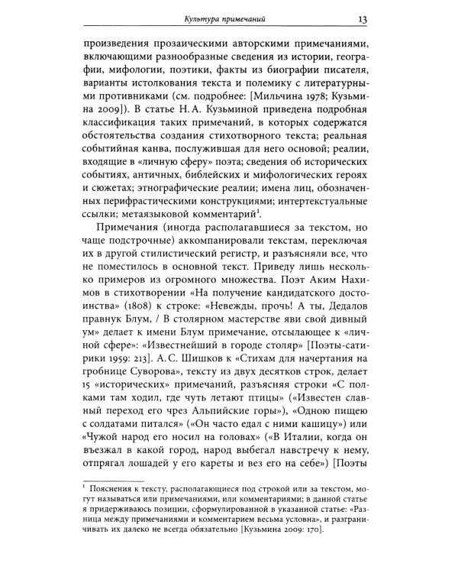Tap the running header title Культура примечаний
pyautogui.click(x=218, y=18)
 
